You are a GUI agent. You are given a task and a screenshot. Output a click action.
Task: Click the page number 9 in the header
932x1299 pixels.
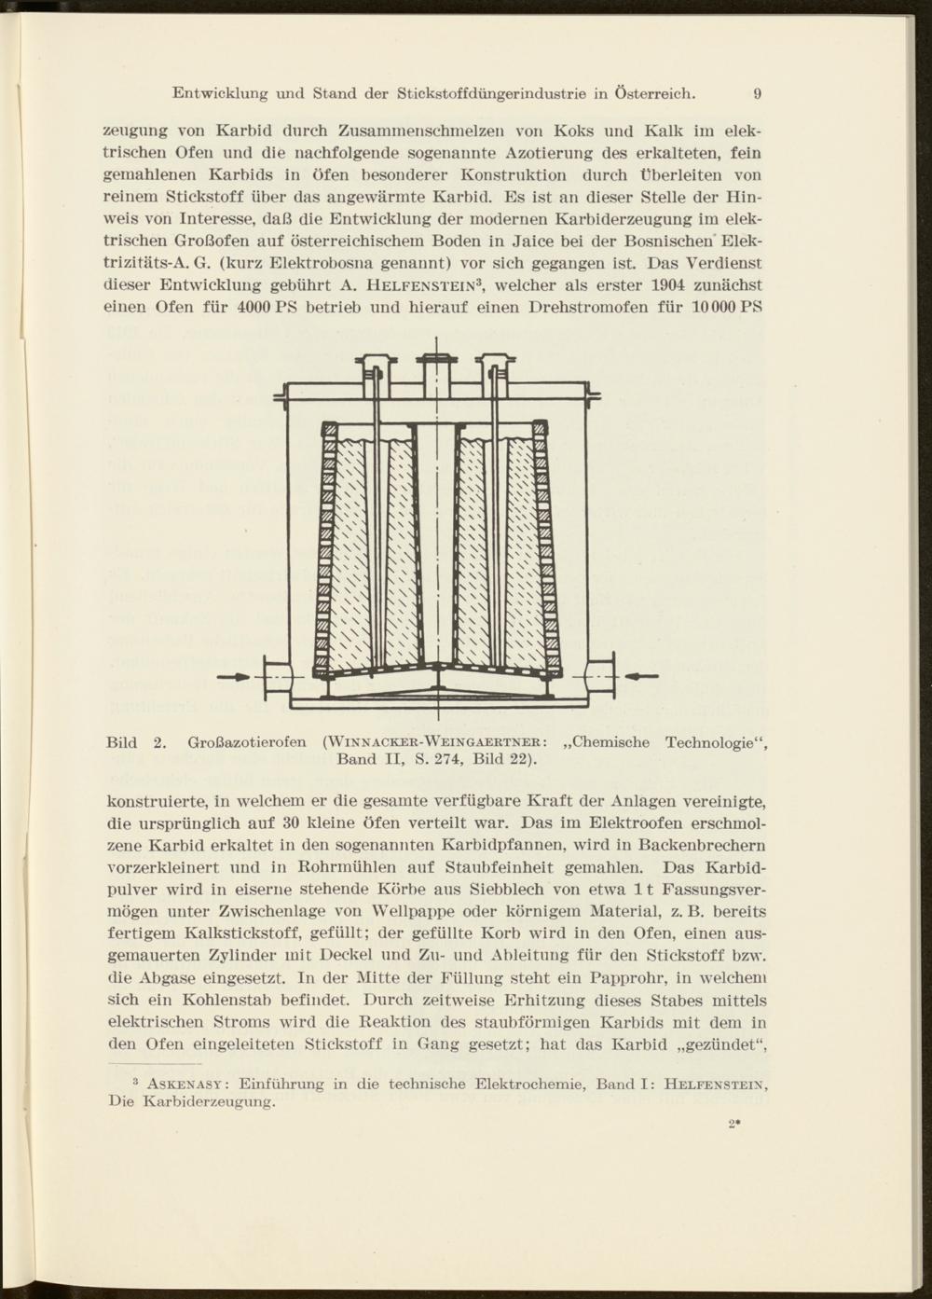758,93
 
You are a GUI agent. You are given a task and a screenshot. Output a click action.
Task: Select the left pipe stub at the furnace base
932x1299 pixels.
277,678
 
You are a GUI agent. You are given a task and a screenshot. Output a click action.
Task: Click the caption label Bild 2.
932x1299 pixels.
136,743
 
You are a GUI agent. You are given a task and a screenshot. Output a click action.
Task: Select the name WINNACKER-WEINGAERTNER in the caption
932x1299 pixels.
433,743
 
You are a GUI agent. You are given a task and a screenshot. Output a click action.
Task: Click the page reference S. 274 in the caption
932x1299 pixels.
432,760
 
